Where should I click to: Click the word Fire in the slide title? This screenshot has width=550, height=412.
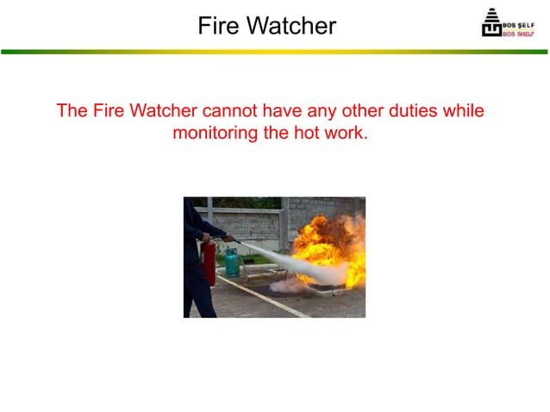click(x=218, y=25)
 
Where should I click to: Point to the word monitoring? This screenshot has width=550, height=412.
click(x=216, y=134)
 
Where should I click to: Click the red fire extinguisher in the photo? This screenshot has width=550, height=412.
click(x=209, y=263)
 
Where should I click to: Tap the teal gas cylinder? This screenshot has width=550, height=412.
click(x=232, y=261)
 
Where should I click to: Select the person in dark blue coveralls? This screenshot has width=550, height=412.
click(x=196, y=259)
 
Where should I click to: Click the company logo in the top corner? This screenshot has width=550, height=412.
click(x=507, y=23)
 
